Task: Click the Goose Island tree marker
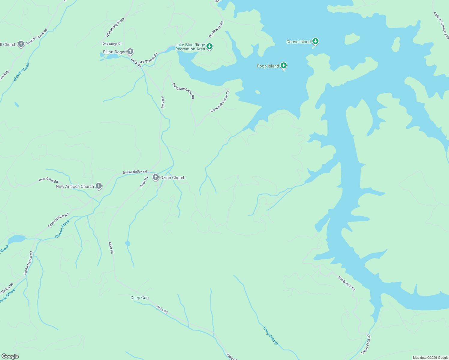(x=315, y=41)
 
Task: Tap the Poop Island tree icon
(x=284, y=65)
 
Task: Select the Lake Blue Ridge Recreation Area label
(x=190, y=47)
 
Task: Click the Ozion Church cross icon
(x=155, y=177)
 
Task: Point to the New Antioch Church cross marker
(x=98, y=186)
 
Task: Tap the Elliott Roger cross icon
(x=130, y=52)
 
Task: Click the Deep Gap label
(x=140, y=298)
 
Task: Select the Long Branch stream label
(x=271, y=335)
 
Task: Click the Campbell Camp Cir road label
(x=220, y=101)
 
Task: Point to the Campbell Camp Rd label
(x=183, y=91)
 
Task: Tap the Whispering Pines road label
(x=115, y=28)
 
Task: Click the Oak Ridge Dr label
(x=112, y=44)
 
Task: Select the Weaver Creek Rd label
(x=37, y=37)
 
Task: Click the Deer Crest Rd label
(x=48, y=180)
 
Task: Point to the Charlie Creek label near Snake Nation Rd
(x=62, y=229)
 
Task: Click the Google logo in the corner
(x=10, y=356)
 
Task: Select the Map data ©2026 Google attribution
(x=430, y=358)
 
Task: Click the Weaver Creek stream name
(x=21, y=72)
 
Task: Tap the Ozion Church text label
(x=173, y=178)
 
